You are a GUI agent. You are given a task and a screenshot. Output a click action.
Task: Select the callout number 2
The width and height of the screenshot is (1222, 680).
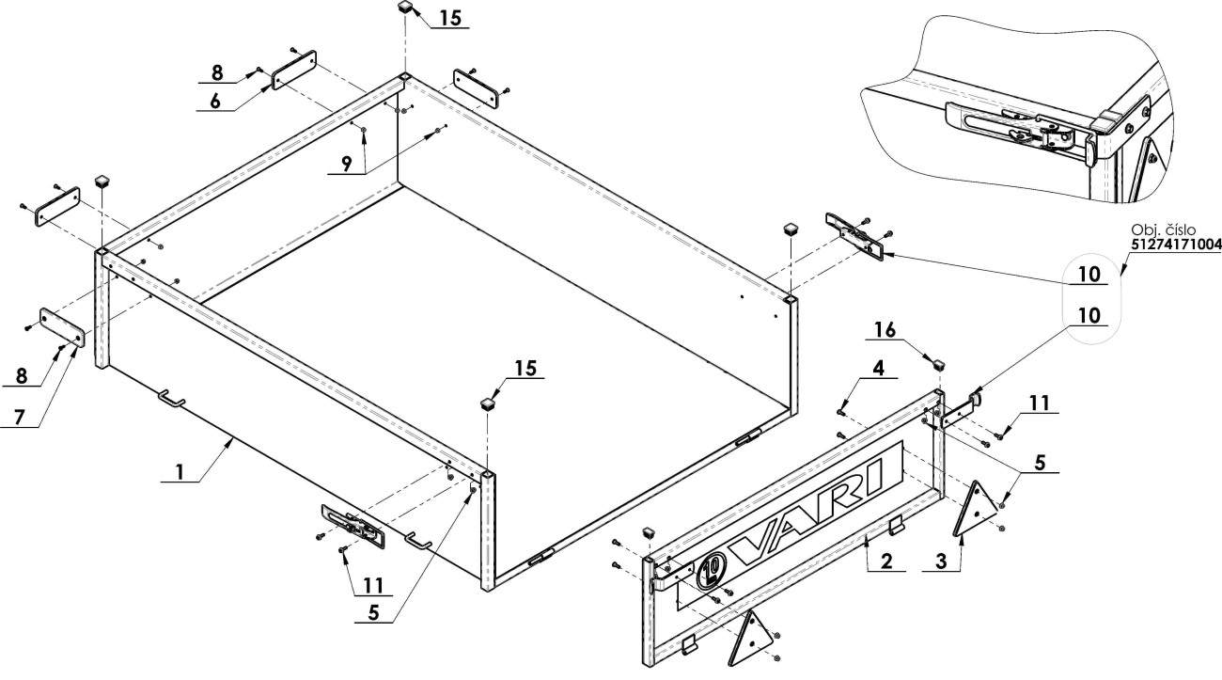886,561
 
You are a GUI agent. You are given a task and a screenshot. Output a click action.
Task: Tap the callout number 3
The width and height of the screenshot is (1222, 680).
941,561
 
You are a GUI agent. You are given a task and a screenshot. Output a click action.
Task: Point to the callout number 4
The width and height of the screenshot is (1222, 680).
878,368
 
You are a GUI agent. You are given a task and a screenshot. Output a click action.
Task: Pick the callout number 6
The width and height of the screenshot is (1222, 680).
215,101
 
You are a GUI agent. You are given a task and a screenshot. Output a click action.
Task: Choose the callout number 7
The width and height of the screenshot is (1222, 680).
19,418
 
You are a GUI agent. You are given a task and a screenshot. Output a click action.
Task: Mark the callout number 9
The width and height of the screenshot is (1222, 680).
347,165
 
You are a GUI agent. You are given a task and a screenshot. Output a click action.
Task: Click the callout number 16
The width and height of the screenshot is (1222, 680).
885,329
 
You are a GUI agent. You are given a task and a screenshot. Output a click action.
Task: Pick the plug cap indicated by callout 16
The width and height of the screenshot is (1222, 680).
938,363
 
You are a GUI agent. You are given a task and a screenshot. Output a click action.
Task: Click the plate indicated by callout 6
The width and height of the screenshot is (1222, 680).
294,70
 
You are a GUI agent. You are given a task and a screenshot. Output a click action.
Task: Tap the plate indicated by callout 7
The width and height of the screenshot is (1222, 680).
62,327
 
